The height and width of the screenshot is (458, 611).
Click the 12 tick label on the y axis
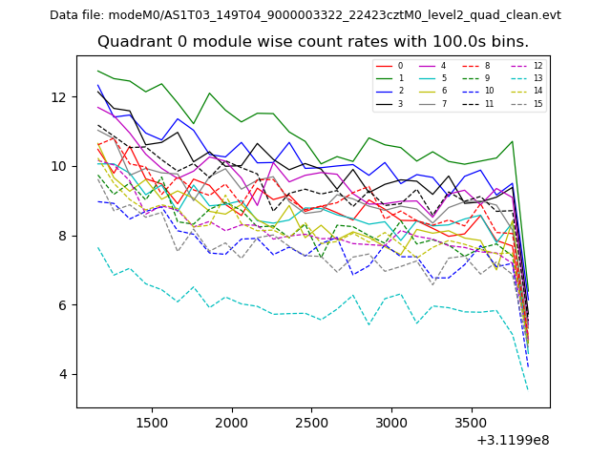click(59, 97)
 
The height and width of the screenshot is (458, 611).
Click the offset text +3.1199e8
click(512, 440)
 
